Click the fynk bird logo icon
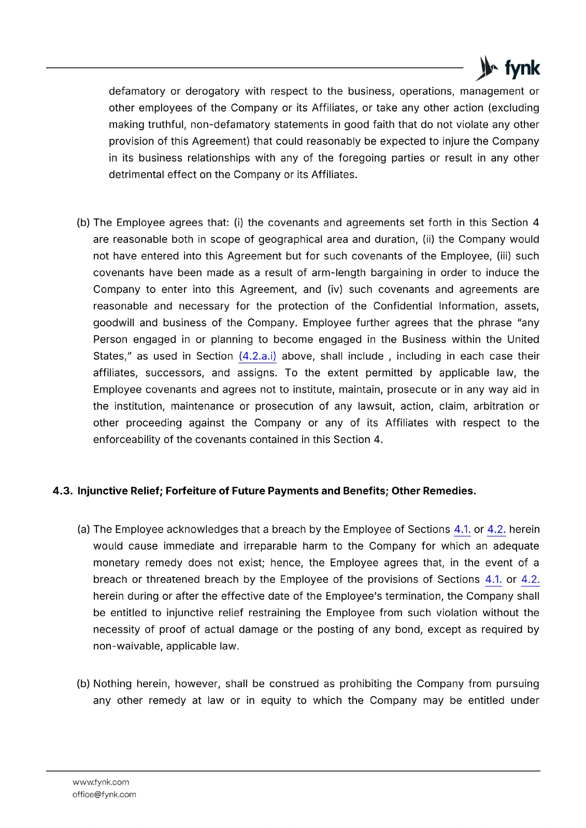[487, 68]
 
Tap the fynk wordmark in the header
[522, 68]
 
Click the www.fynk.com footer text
[101, 782]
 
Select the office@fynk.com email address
[104, 794]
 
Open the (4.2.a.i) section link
[258, 356]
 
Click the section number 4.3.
[62, 491]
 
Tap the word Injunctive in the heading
[103, 491]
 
